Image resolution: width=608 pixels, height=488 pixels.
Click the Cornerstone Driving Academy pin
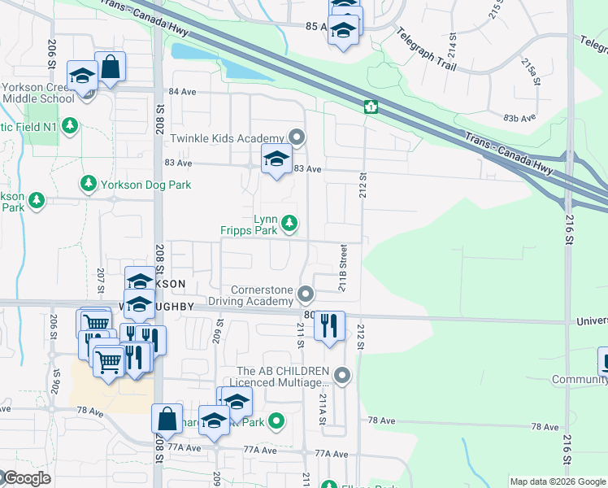(306, 293)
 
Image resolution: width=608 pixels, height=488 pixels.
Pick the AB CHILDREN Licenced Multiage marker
(342, 375)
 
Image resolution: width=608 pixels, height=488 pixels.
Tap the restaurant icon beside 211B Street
(329, 326)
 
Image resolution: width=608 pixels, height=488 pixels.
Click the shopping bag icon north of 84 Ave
(110, 68)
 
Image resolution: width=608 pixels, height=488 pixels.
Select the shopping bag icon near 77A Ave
(167, 419)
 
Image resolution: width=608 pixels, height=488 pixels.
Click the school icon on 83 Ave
(276, 159)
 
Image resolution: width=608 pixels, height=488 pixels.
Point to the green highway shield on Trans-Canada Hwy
(370, 107)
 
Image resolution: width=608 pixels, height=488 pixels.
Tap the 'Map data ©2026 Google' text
(558, 481)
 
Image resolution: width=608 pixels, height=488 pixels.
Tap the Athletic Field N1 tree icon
(71, 125)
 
